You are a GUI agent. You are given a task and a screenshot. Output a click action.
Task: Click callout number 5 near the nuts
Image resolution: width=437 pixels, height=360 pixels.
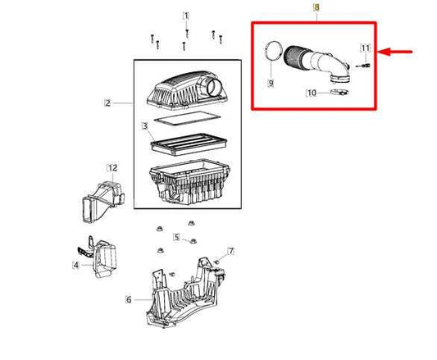[175, 238]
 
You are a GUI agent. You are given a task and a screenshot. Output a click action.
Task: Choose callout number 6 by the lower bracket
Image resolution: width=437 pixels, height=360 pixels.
[128, 299]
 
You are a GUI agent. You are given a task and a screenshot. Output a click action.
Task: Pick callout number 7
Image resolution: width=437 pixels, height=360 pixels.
[231, 250]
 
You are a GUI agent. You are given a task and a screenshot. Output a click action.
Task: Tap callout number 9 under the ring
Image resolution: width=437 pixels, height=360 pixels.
[271, 82]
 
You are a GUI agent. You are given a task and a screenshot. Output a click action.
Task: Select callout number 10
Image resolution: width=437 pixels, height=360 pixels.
[312, 93]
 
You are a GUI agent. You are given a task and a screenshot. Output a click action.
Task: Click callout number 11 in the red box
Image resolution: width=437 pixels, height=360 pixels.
[366, 48]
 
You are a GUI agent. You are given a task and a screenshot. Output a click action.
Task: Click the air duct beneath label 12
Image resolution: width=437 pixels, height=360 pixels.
[101, 198]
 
